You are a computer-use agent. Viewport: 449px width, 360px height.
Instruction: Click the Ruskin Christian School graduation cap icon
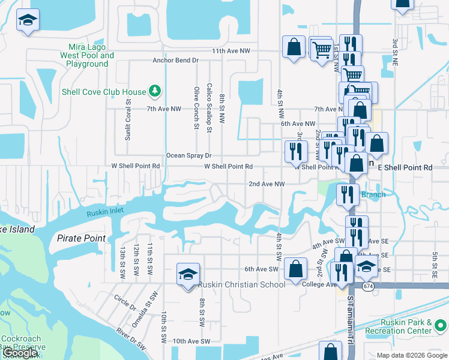pyautogui.click(x=188, y=274)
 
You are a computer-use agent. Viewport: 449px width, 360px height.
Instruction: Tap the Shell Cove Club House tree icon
pyautogui.click(x=155, y=91)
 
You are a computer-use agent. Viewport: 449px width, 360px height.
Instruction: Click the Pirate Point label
pyautogui.click(x=81, y=238)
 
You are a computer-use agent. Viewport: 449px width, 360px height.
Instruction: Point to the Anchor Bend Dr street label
pyautogui.click(x=175, y=61)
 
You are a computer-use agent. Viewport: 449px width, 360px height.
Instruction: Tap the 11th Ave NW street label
pyautogui.click(x=231, y=52)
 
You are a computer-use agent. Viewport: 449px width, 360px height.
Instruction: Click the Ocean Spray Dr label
pyautogui.click(x=189, y=155)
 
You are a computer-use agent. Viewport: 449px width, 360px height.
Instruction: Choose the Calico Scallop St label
pyautogui.click(x=209, y=107)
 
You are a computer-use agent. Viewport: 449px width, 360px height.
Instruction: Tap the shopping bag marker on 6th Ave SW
pyautogui.click(x=295, y=269)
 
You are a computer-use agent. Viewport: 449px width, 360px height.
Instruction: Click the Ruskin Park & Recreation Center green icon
pyautogui.click(x=441, y=326)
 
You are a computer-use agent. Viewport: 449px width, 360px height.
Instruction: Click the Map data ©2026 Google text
pyautogui.click(x=411, y=355)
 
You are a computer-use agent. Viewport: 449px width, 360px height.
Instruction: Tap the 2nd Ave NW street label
pyautogui.click(x=267, y=184)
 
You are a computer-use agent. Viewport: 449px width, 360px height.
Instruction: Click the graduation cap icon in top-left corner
pyautogui.click(x=28, y=20)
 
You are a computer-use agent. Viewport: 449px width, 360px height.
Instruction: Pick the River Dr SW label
pyautogui.click(x=131, y=339)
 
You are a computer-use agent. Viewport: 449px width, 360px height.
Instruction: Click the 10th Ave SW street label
pyautogui.click(x=191, y=341)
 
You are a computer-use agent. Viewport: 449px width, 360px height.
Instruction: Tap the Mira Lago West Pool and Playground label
pyautogui.click(x=87, y=55)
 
